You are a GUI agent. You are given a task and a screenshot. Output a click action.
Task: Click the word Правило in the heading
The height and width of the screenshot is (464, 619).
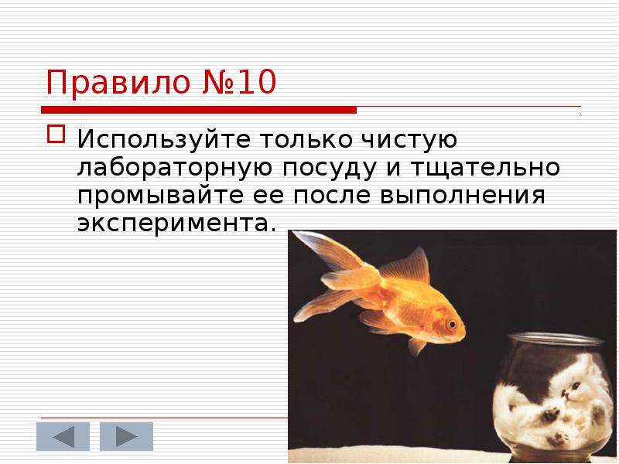coord(113,82)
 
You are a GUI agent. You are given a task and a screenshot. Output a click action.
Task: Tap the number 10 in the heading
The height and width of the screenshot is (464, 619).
coord(255,82)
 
